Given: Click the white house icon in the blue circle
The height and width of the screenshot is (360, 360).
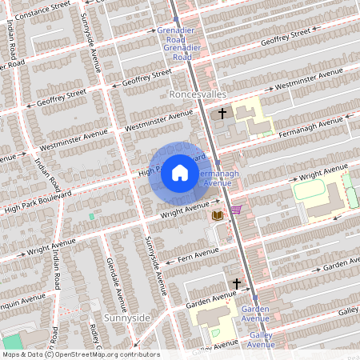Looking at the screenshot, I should [x=180, y=171].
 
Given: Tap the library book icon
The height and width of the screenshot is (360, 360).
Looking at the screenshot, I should [x=217, y=215].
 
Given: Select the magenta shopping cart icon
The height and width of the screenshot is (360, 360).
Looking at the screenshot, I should [x=236, y=210].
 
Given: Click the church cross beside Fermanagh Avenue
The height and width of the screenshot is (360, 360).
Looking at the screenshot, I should [x=222, y=114].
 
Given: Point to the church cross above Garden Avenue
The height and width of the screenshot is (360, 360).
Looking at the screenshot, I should [x=236, y=283].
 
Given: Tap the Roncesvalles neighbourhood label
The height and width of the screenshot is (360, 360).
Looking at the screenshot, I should [x=200, y=94].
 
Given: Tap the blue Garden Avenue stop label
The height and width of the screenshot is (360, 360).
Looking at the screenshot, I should [x=254, y=314].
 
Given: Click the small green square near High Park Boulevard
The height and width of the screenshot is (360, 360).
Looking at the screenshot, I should [x=91, y=216].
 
